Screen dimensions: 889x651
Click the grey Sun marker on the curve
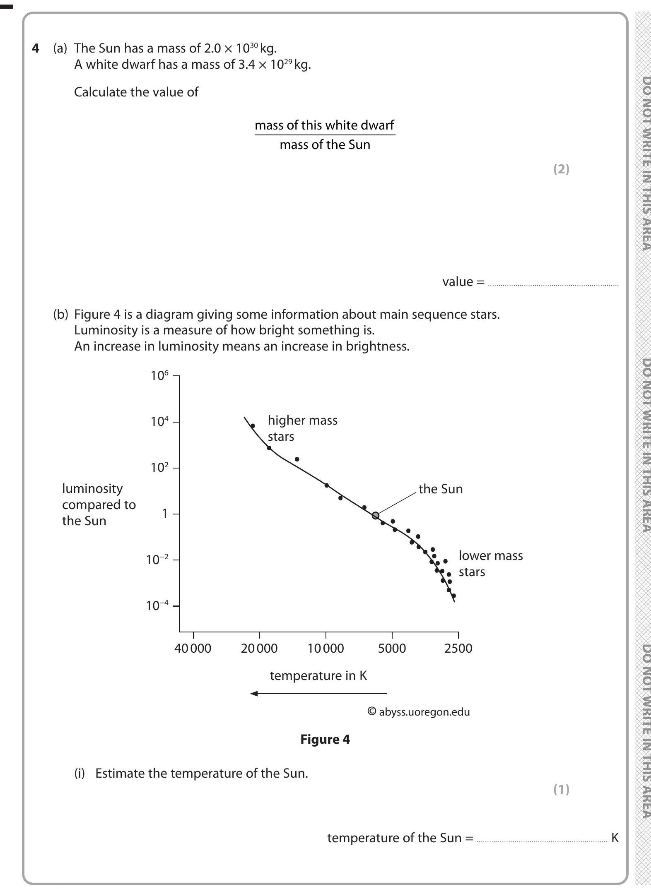(x=375, y=515)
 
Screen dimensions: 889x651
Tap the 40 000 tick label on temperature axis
(x=193, y=648)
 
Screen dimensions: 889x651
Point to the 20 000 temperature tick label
(x=259, y=648)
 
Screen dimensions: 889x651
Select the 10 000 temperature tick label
(x=325, y=648)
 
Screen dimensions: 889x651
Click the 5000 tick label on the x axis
(x=392, y=648)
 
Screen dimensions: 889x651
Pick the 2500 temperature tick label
(x=458, y=648)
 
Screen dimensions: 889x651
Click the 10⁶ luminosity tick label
(x=160, y=376)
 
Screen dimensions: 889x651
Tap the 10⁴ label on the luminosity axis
(x=160, y=422)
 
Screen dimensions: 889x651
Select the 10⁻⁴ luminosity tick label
(x=157, y=606)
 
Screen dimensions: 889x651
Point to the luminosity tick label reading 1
(x=165, y=514)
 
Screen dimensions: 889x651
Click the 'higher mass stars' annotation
(x=302, y=428)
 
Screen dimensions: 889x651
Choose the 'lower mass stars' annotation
(x=490, y=563)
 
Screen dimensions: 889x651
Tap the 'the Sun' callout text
(x=441, y=489)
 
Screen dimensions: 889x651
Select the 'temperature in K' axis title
(x=318, y=675)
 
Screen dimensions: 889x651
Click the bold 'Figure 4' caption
(x=325, y=739)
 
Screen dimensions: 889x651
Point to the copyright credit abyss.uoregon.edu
(x=419, y=712)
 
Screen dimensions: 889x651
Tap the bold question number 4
(x=36, y=48)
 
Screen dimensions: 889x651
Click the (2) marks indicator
(x=561, y=169)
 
